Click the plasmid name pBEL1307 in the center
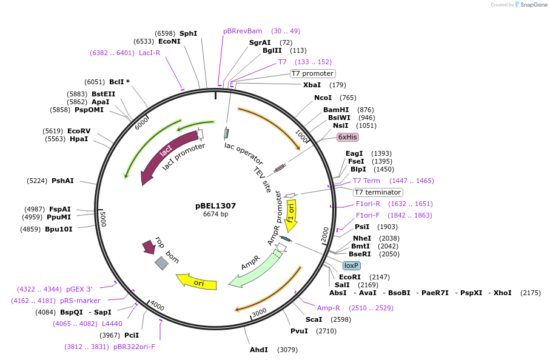pyautogui.click(x=215, y=205)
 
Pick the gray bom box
pyautogui.click(x=161, y=262)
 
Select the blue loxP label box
pyautogui.click(x=352, y=265)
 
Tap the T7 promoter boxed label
pyautogui.click(x=312, y=73)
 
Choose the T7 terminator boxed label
pyautogui.click(x=378, y=192)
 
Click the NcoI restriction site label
pyautogui.click(x=323, y=98)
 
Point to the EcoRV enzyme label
pyautogui.click(x=79, y=131)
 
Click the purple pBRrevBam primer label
pyautogui.click(x=243, y=31)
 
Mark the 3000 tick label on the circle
pyautogui.click(x=260, y=312)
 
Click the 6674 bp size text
pyautogui.click(x=215, y=214)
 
